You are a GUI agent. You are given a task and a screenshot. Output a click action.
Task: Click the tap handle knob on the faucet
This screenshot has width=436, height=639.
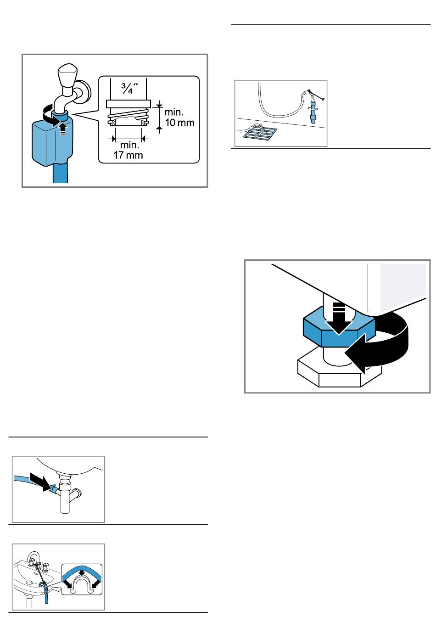click(x=67, y=75)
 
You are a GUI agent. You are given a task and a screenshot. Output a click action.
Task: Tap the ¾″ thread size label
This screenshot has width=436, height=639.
click(x=129, y=89)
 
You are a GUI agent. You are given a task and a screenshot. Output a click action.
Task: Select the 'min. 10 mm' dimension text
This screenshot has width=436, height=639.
click(x=179, y=117)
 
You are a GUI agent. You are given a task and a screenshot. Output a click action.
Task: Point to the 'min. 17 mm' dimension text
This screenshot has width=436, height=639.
click(x=129, y=150)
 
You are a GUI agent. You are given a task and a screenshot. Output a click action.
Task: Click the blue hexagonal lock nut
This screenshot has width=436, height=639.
click(x=339, y=327)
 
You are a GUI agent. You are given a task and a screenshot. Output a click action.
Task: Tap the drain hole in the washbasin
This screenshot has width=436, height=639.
click(x=28, y=583)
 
